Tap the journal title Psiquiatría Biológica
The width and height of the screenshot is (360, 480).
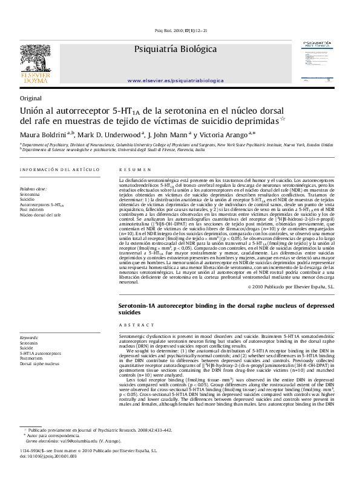click(x=175, y=49)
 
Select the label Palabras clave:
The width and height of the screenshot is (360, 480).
click(x=33, y=189)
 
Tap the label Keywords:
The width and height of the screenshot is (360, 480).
click(x=30, y=337)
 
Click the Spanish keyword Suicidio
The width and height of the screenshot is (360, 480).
click(x=27, y=199)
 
